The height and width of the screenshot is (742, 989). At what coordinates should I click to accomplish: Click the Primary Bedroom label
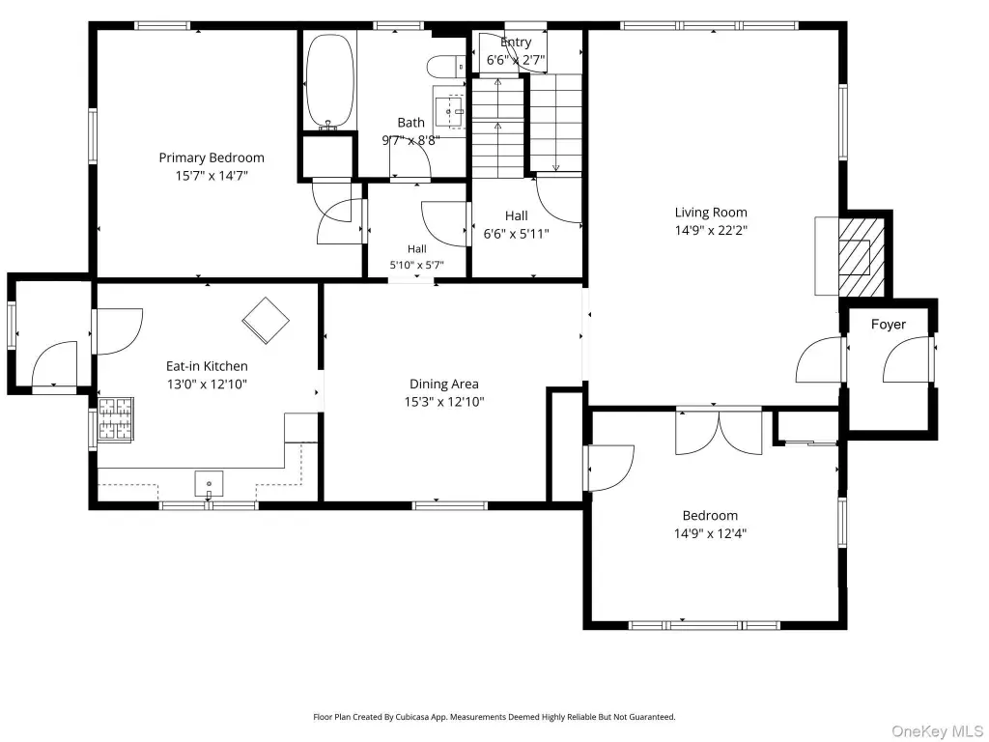(x=212, y=157)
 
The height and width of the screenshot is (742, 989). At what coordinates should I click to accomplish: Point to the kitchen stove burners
(x=116, y=419)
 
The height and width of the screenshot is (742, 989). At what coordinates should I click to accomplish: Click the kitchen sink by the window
(x=209, y=485)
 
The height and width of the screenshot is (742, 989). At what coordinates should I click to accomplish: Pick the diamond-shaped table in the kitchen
(x=266, y=321)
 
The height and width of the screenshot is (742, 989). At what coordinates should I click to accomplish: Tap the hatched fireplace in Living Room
(x=861, y=257)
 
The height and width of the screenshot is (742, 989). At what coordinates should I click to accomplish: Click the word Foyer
(x=889, y=325)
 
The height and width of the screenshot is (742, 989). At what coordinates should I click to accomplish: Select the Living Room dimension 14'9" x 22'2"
(x=711, y=230)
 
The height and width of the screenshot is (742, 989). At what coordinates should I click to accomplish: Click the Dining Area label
(x=444, y=384)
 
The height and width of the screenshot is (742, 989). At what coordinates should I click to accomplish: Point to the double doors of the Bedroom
(x=719, y=432)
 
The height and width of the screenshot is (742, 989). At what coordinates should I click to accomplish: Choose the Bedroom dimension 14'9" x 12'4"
(x=710, y=533)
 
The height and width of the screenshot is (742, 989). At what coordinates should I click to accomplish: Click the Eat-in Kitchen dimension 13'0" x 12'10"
(x=207, y=385)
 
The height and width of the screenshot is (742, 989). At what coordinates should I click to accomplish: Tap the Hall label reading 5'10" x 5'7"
(x=417, y=265)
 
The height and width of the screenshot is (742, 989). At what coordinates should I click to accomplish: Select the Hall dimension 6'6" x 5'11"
(x=516, y=234)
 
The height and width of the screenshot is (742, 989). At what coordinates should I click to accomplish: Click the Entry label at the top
(x=516, y=43)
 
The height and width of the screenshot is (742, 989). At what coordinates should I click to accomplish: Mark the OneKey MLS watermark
(x=937, y=731)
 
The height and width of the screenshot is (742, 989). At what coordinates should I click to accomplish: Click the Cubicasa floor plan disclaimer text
(x=494, y=717)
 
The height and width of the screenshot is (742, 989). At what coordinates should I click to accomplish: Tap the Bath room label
(x=410, y=123)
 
